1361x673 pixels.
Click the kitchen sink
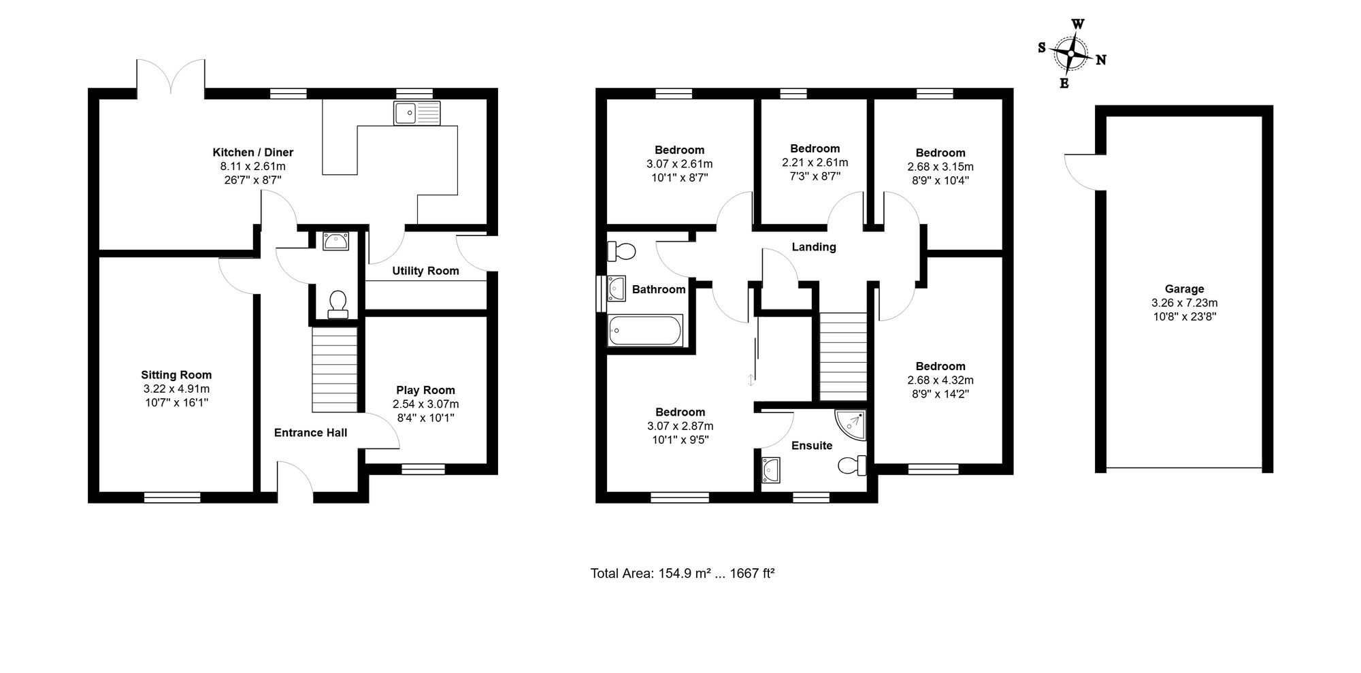point(417,113)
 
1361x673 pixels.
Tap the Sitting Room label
point(176,375)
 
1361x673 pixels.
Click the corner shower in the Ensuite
point(851,425)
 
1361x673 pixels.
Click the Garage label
point(1184,289)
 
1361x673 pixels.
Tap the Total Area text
point(683,573)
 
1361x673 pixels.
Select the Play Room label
point(426,390)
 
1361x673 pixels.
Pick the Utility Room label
point(425,271)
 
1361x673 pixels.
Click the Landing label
point(814,247)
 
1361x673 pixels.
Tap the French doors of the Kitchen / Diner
point(171,76)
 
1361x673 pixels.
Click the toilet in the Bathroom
point(621,251)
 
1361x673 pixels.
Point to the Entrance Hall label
point(310,433)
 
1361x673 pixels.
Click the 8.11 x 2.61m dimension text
point(253,166)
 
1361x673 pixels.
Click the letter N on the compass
point(1100,60)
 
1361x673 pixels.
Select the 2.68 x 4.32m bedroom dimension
point(940,380)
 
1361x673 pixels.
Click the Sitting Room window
point(172,498)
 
